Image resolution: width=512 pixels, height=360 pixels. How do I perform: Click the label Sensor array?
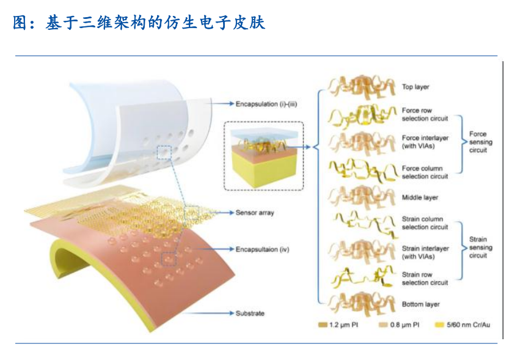pyautogui.click(x=255, y=213)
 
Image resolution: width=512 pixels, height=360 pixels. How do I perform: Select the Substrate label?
pyautogui.click(x=250, y=314)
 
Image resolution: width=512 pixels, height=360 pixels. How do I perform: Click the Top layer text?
pyautogui.click(x=415, y=87)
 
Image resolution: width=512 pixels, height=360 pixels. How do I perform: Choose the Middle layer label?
pyautogui.click(x=420, y=197)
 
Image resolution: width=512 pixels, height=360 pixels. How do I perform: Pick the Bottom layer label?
pyautogui.click(x=420, y=304)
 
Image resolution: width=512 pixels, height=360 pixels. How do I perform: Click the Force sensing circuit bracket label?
pyautogui.click(x=478, y=142)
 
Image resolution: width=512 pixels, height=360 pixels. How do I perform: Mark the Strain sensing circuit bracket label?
pyautogui.click(x=478, y=248)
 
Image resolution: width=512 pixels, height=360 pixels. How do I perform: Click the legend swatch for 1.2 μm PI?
pyautogui.click(x=324, y=325)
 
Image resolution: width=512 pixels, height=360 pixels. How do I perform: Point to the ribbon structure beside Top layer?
pyautogui.click(x=360, y=87)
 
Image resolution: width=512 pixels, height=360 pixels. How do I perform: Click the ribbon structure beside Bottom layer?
pyautogui.click(x=360, y=304)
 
